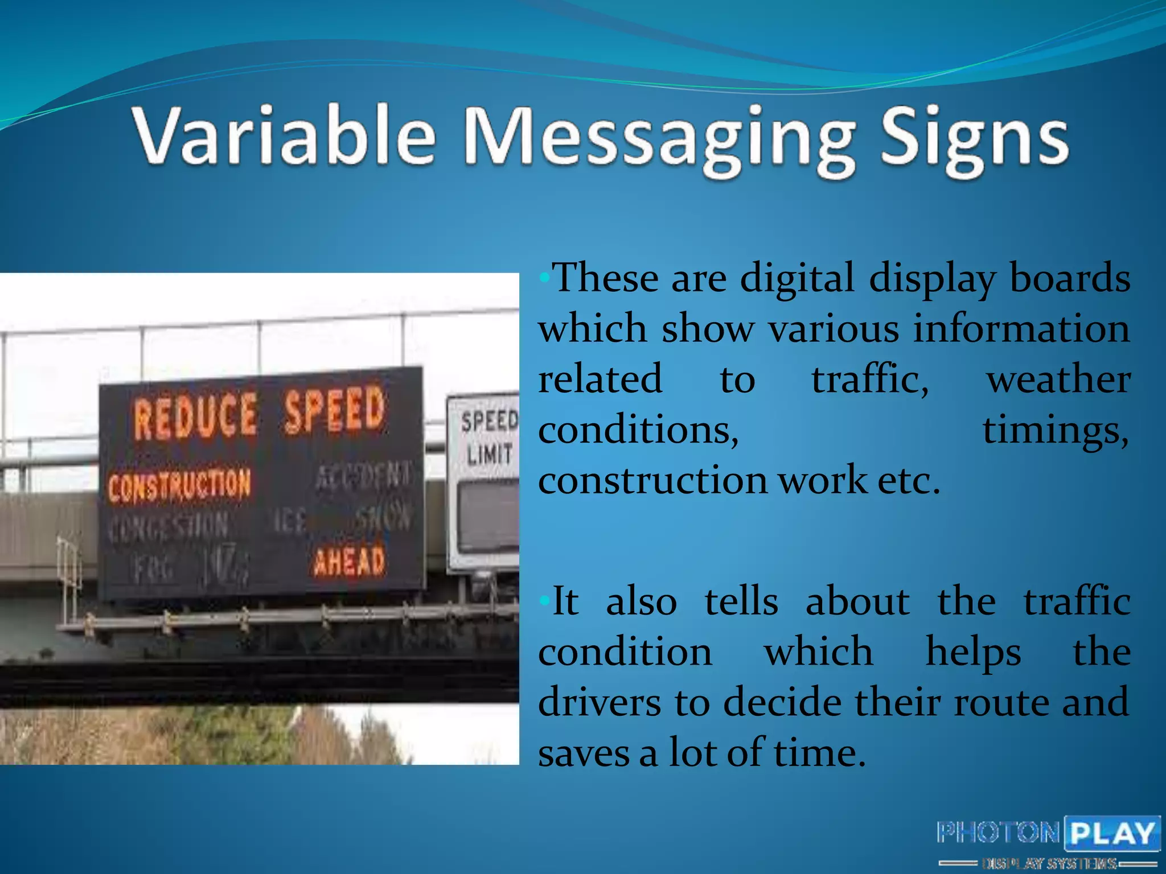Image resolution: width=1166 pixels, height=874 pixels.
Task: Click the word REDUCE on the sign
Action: pyautogui.click(x=195, y=417)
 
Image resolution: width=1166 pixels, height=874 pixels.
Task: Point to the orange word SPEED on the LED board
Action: pyautogui.click(x=335, y=409)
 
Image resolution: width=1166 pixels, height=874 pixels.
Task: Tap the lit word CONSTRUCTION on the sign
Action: pyautogui.click(x=179, y=485)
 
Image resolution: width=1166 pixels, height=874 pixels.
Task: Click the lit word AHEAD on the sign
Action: pyautogui.click(x=350, y=562)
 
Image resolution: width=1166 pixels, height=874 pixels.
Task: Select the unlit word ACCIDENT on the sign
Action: pyautogui.click(x=363, y=475)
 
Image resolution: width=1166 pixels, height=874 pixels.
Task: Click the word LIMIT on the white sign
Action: pyautogui.click(x=489, y=454)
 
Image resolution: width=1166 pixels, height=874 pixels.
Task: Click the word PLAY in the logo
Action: pyautogui.click(x=1112, y=834)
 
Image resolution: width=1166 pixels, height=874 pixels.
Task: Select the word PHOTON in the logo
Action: pyautogui.click(x=998, y=833)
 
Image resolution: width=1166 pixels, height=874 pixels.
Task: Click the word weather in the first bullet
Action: pyautogui.click(x=1058, y=380)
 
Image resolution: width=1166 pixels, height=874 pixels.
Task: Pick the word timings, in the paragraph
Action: pyautogui.click(x=1056, y=430)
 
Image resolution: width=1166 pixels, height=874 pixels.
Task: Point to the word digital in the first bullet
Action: pyautogui.click(x=797, y=279)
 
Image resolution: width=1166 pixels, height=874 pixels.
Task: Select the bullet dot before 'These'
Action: pyautogui.click(x=544, y=279)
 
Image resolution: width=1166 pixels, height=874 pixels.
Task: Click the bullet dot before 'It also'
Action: pyautogui.click(x=544, y=600)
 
